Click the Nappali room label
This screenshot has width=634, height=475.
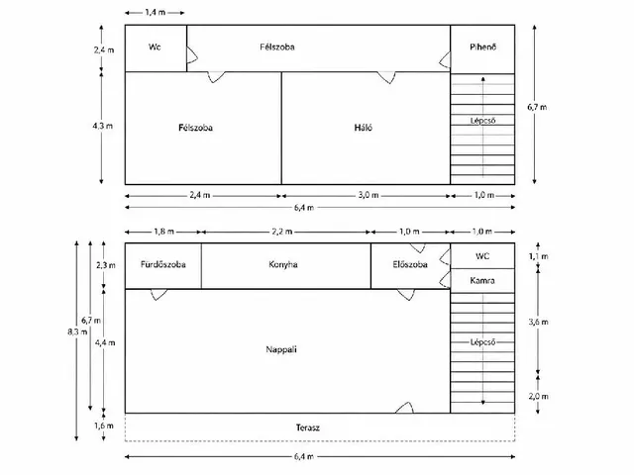click(281, 349)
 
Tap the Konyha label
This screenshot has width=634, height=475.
click(283, 264)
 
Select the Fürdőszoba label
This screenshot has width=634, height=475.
click(162, 264)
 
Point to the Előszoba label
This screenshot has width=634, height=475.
click(410, 264)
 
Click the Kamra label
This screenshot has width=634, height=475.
click(482, 280)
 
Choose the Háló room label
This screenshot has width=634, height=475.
click(364, 128)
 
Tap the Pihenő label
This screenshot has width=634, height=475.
click(482, 47)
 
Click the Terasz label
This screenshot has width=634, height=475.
click(308, 427)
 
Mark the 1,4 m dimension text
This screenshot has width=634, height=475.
click(156, 13)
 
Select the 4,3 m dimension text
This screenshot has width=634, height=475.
click(103, 126)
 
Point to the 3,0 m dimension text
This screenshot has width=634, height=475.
click(369, 195)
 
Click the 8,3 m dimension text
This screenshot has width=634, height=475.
click(77, 332)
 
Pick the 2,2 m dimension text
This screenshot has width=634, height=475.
click(281, 232)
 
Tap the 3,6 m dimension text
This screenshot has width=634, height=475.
click(538, 322)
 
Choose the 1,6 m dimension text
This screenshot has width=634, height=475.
click(104, 426)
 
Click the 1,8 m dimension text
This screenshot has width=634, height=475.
click(163, 232)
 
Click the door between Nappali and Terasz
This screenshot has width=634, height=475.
click(404, 407)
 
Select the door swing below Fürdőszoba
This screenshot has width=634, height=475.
click(158, 295)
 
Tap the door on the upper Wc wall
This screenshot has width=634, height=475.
click(191, 54)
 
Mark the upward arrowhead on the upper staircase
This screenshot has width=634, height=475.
click(482, 79)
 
